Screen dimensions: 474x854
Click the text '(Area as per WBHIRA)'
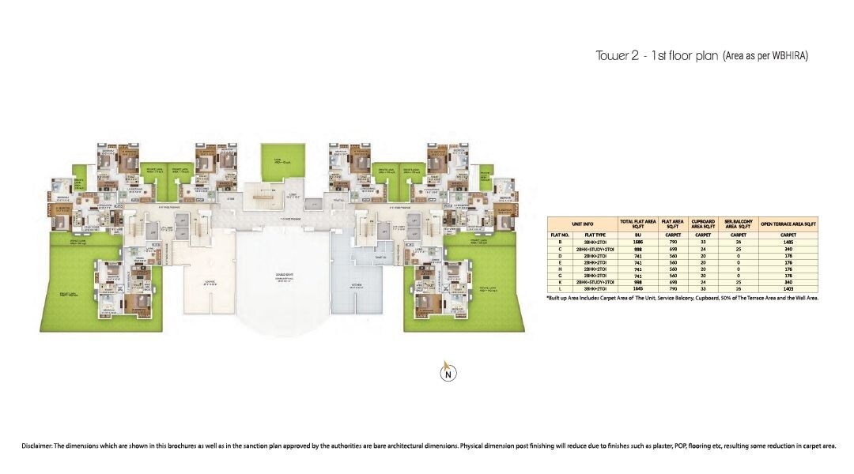click(765, 56)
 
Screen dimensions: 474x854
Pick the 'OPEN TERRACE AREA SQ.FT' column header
click(788, 224)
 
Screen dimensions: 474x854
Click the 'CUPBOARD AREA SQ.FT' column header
click(702, 224)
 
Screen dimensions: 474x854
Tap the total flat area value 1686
click(626, 242)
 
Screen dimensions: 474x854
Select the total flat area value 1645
click(626, 290)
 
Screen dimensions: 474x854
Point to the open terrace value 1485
click(788, 242)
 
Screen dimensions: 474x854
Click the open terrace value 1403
click(788, 290)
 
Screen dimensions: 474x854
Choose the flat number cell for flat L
click(561, 290)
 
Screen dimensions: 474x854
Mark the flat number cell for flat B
click(561, 242)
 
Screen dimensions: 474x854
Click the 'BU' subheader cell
click(626, 235)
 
